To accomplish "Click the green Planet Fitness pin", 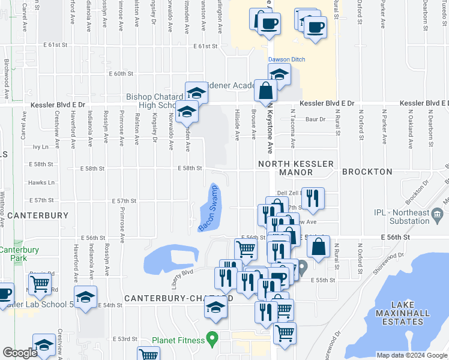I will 211,339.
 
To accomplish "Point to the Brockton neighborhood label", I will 367,172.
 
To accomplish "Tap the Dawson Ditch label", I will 287,59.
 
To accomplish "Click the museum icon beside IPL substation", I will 438,214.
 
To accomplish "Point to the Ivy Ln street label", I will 40,146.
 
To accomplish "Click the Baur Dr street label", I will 315,119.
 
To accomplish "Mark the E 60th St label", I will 121,74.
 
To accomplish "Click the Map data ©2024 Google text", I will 411,355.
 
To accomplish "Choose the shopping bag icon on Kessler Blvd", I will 265,91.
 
